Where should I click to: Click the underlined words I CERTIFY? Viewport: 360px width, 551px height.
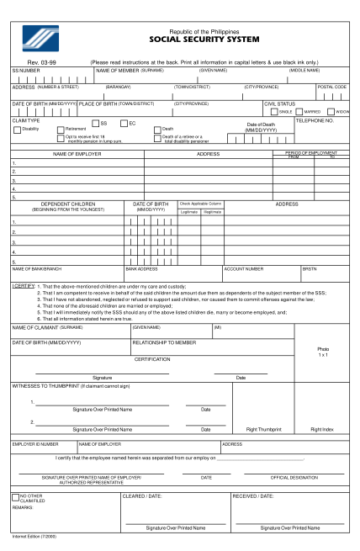pos(23,286)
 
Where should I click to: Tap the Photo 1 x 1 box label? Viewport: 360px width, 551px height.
pos(322,352)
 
